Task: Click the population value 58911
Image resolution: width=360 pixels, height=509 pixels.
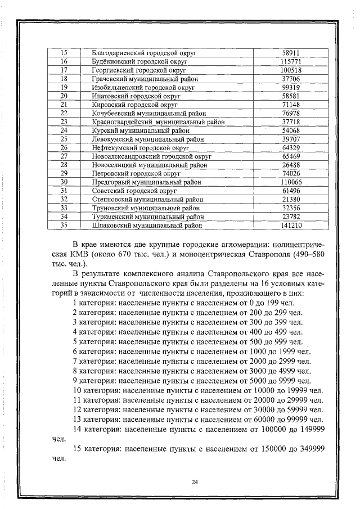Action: tap(291, 53)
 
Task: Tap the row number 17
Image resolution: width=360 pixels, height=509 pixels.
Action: tap(64, 70)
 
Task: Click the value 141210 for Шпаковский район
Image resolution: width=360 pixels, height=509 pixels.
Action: tap(291, 226)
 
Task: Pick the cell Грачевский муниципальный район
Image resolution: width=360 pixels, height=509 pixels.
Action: tap(145, 79)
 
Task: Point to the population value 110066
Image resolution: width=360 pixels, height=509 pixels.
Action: tap(291, 182)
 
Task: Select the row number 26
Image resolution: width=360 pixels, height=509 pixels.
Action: tap(64, 148)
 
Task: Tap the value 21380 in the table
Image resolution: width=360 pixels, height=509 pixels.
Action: tap(291, 200)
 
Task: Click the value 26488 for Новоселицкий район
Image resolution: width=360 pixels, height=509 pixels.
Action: tap(291, 165)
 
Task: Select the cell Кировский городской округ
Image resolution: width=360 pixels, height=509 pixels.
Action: tap(134, 105)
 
